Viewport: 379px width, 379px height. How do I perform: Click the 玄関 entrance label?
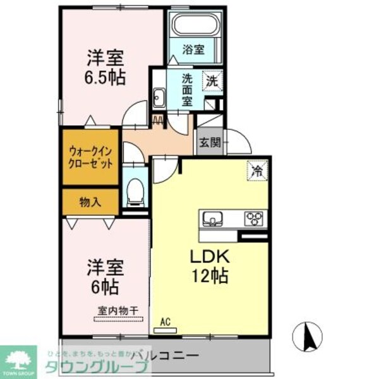pos(210,143)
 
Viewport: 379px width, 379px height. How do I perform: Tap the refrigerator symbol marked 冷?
pos(256,170)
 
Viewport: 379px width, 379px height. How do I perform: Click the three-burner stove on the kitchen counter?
pos(255,219)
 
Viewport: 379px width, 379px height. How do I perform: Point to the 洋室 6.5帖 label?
pos(105,68)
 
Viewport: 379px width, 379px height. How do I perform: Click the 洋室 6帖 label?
pos(102,276)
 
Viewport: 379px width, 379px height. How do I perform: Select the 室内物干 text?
pos(114,310)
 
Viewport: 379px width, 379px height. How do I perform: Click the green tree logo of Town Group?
pos(20,358)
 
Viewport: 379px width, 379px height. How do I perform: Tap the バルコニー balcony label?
pos(168,354)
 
